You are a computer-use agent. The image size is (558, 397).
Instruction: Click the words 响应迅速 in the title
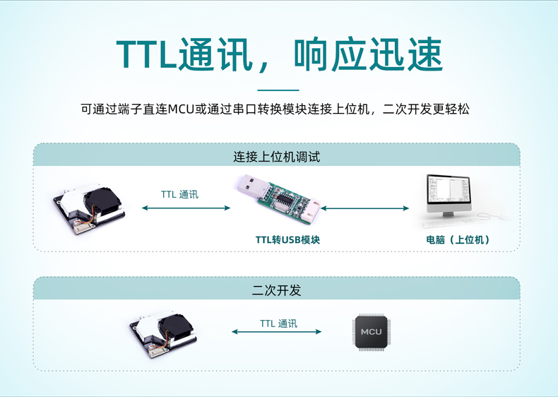click(x=367, y=54)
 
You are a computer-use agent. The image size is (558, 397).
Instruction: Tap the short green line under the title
click(x=278, y=90)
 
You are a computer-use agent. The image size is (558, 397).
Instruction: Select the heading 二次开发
click(x=277, y=290)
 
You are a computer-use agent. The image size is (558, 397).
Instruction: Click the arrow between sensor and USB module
click(x=186, y=208)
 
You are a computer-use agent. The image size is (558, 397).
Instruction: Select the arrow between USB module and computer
click(x=365, y=208)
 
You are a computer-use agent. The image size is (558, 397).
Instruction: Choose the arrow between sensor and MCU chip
click(x=277, y=332)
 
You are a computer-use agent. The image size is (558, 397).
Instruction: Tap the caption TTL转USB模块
click(x=287, y=240)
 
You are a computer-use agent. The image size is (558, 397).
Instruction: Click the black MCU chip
click(x=372, y=332)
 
